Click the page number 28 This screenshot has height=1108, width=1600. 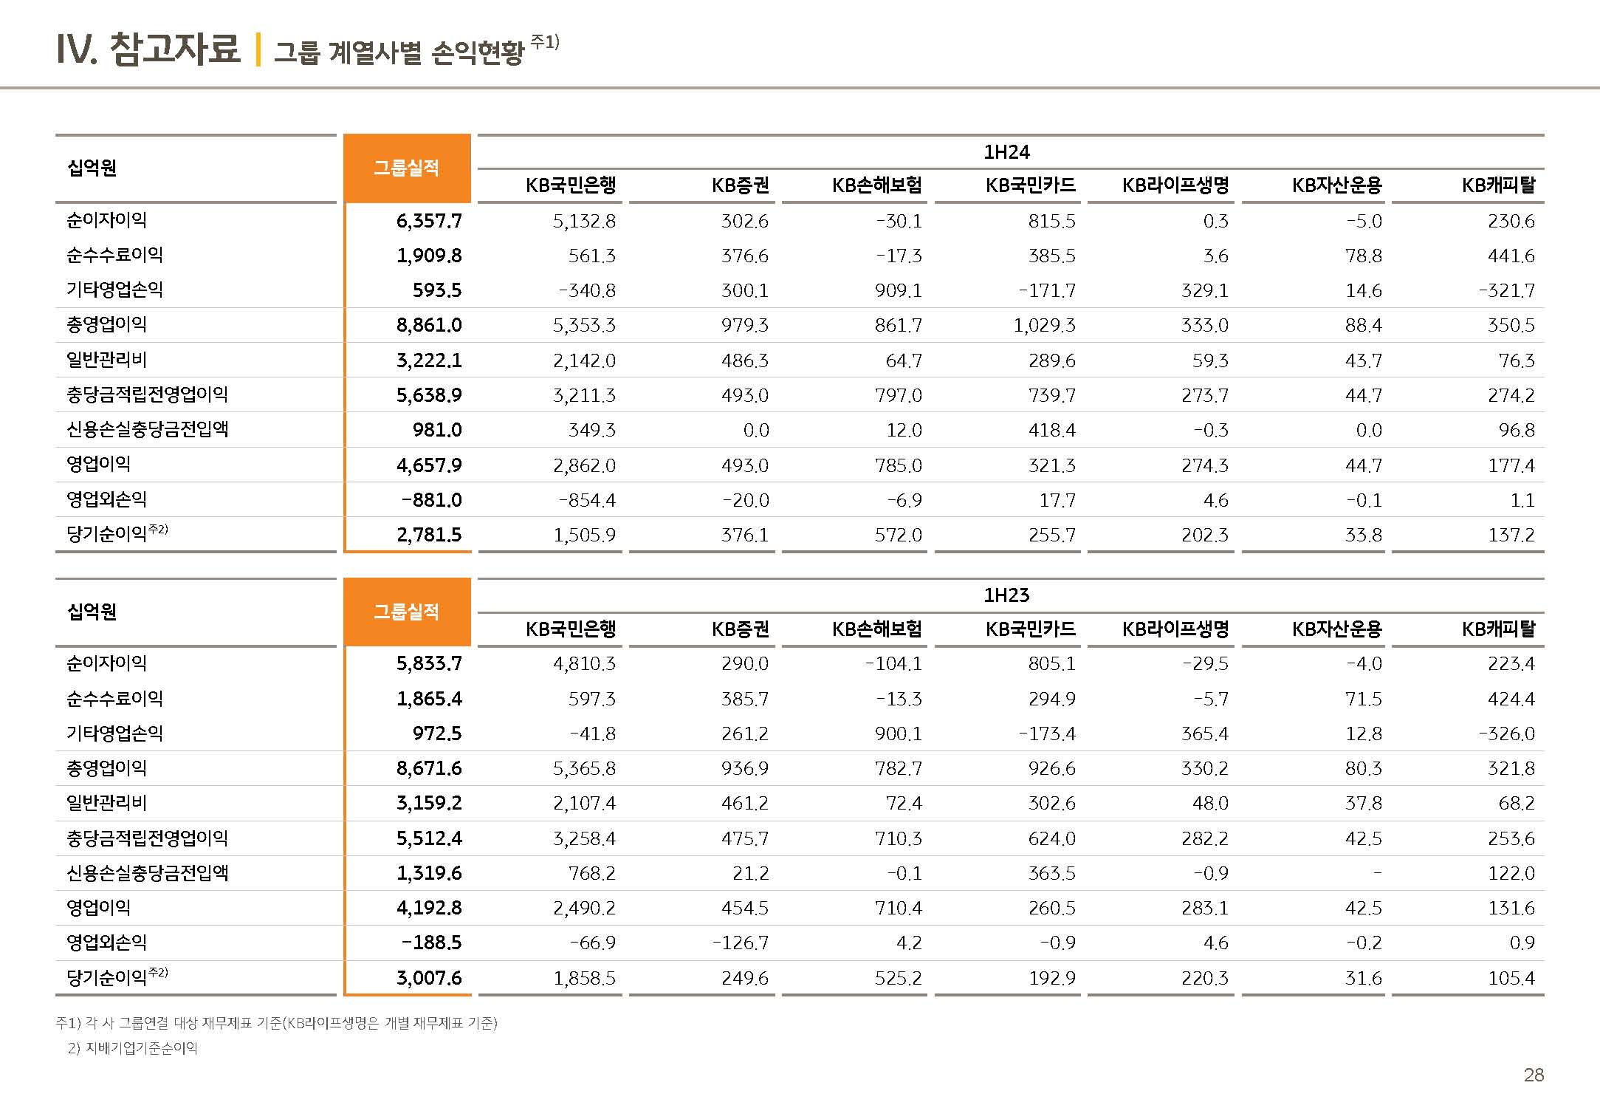1533,1075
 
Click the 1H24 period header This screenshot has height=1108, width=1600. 1006,152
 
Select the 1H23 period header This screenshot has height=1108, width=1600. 1006,595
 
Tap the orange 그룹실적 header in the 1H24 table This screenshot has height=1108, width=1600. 406,168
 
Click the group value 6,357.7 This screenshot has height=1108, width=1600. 429,221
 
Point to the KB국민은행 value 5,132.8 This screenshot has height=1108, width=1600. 584,221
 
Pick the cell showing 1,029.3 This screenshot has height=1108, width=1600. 1044,325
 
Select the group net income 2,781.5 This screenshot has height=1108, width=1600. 429,535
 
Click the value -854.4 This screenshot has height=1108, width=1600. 587,500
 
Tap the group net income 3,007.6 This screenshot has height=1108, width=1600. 429,978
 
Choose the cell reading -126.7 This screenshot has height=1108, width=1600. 740,943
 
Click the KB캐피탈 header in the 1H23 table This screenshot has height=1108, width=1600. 1498,629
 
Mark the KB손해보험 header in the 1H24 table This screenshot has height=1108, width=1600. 876,185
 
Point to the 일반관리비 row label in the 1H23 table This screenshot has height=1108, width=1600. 107,803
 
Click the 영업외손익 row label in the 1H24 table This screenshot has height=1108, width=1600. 107,499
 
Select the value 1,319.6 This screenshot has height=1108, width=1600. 429,873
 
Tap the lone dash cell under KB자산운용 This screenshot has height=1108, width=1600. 1376,873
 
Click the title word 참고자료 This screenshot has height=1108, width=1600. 174,49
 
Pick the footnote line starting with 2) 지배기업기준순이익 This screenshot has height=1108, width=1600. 133,1048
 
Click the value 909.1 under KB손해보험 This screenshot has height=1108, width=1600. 899,290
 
